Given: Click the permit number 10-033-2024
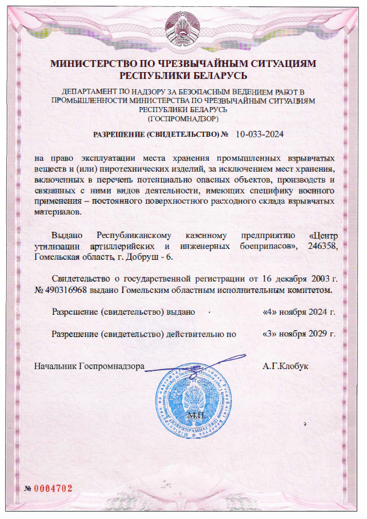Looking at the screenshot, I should pos(260,134).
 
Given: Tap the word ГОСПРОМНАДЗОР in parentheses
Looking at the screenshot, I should pos(183,118).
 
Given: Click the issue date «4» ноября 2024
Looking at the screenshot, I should pos(298,312).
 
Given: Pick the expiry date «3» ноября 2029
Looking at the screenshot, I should pos(298,333).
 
